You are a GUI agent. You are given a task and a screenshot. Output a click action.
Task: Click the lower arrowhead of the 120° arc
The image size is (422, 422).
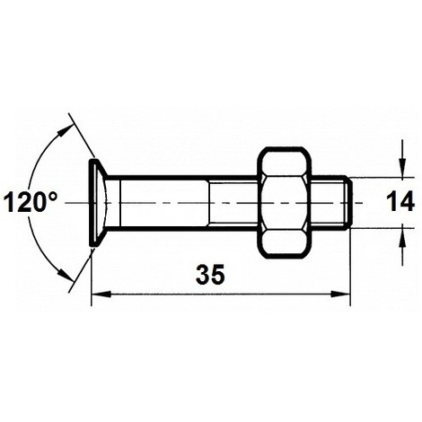point(66,277)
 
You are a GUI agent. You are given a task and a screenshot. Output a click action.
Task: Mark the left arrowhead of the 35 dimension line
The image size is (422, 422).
point(98,294)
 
